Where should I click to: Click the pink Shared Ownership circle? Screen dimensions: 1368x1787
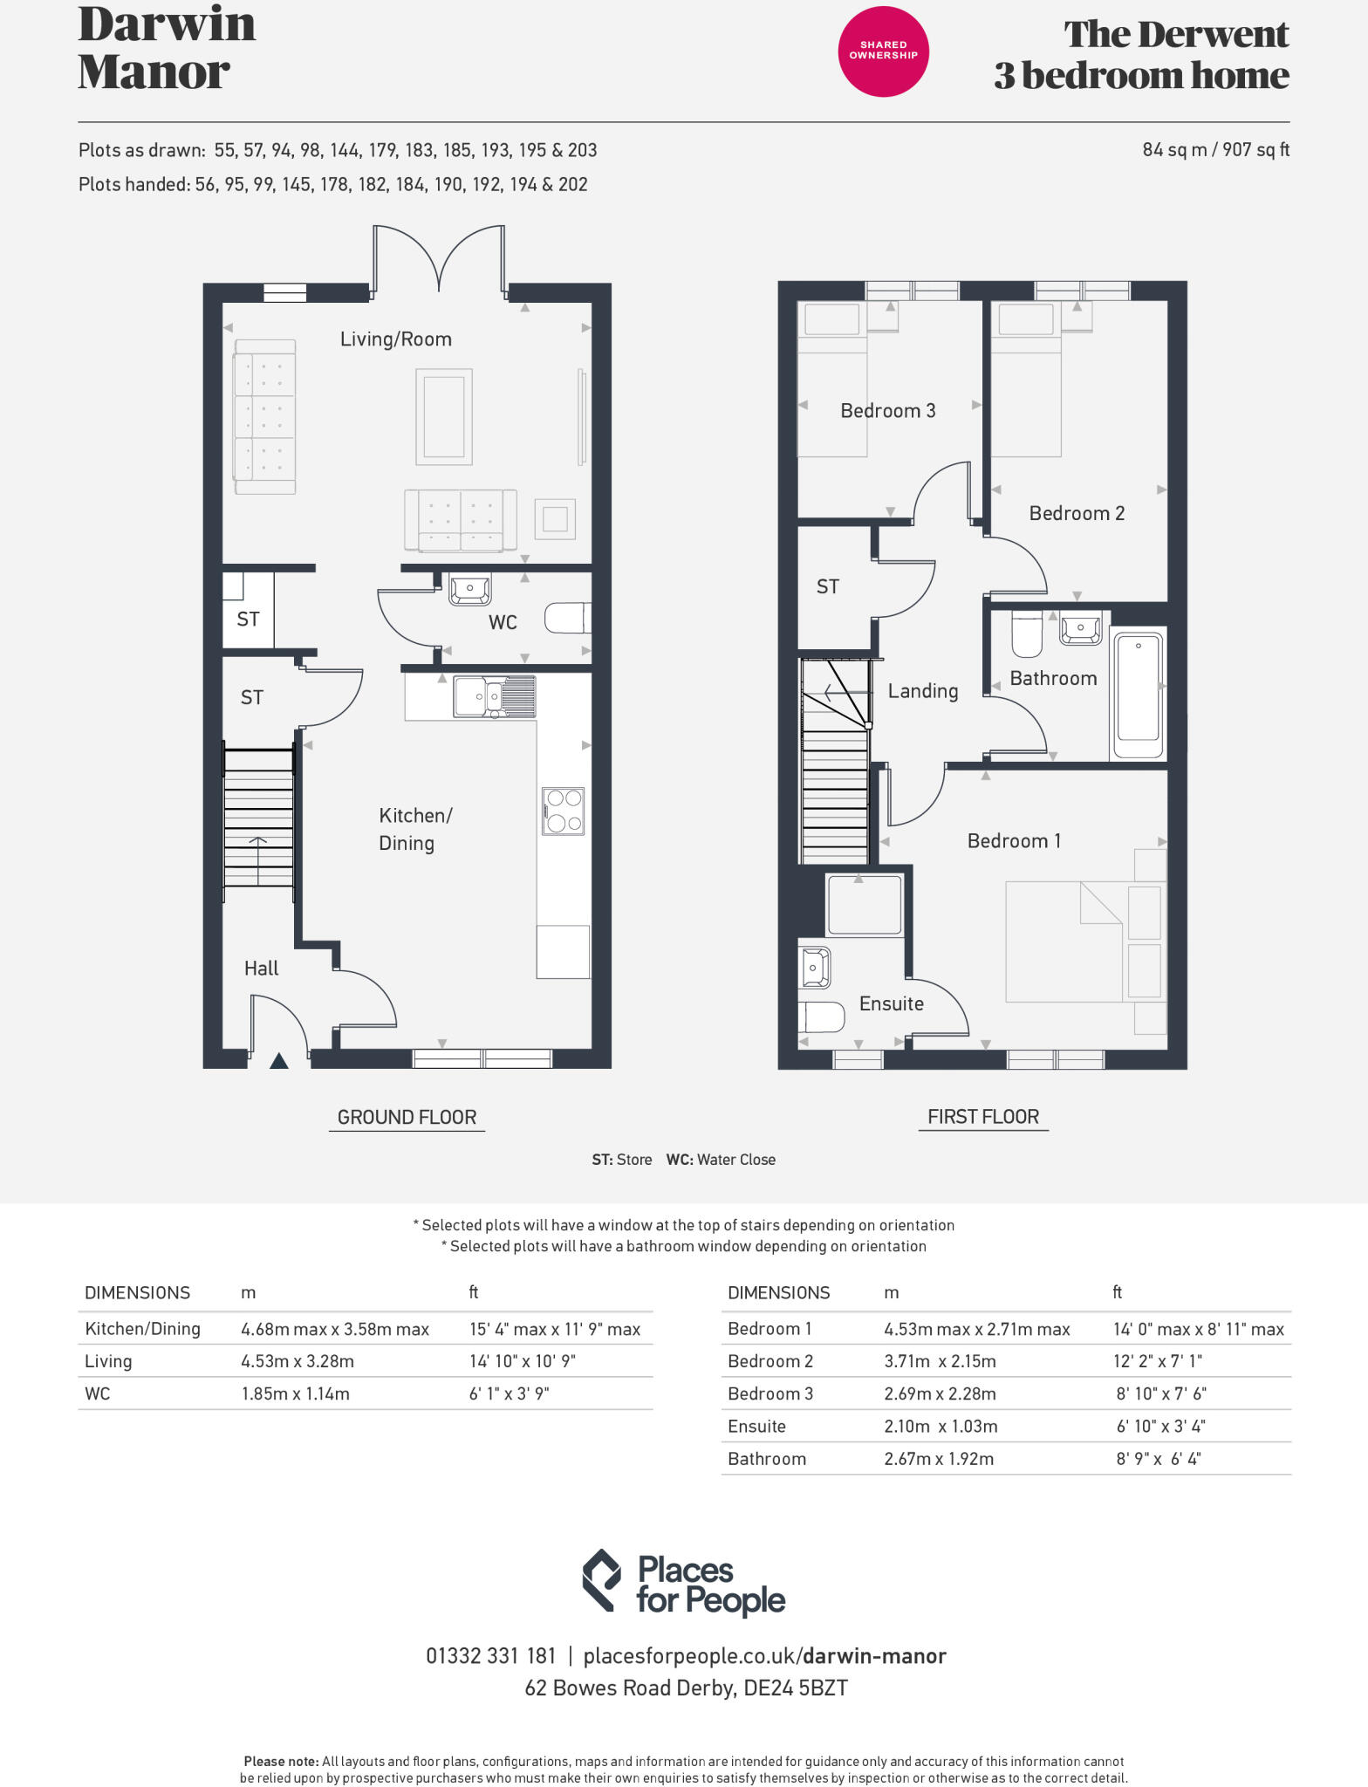[883, 51]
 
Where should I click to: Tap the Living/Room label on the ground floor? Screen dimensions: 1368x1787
[396, 339]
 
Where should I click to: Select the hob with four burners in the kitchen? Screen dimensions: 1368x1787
[563, 811]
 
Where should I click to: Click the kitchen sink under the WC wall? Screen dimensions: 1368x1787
[495, 697]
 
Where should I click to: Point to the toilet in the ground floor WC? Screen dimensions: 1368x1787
[568, 619]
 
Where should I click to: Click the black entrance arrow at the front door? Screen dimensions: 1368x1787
[278, 1061]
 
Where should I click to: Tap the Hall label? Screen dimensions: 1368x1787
[261, 969]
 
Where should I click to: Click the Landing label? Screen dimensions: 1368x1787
[923, 691]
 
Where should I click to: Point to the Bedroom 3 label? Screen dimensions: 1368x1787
[887, 411]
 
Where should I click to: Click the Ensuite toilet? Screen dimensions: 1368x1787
[821, 1017]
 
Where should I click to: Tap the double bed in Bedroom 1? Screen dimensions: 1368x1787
[1064, 941]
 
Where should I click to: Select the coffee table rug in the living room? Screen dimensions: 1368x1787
[444, 417]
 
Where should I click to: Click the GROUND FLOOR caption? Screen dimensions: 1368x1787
[407, 1118]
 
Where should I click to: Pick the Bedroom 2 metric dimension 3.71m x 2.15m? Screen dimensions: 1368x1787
[940, 1361]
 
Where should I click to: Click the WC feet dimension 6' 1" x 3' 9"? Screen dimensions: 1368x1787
[510, 1393]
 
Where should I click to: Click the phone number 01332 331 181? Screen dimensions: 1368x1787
[490, 1656]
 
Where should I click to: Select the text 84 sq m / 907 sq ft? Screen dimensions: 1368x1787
[1215, 150]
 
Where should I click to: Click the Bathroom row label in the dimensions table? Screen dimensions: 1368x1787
[767, 1459]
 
